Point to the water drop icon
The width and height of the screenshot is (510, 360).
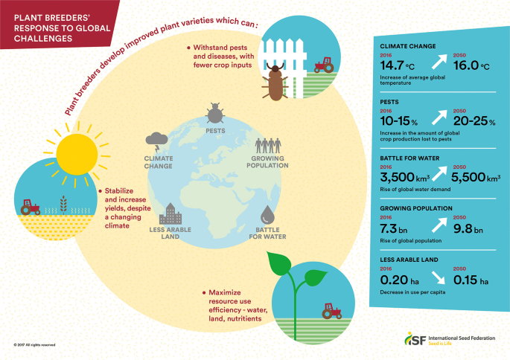(x=269, y=210)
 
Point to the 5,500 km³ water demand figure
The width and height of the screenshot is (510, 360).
(x=472, y=179)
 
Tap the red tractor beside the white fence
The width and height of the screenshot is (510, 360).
(x=325, y=65)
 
